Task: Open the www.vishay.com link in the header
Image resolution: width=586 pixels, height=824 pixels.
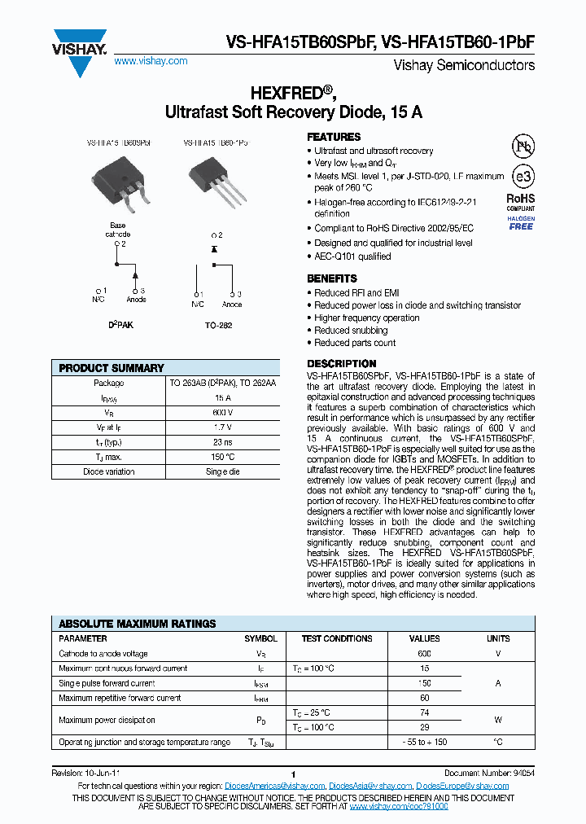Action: pyautogui.click(x=151, y=61)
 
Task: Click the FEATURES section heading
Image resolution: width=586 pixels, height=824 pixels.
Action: pyautogui.click(x=334, y=137)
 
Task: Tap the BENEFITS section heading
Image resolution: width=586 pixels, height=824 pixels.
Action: pyautogui.click(x=331, y=278)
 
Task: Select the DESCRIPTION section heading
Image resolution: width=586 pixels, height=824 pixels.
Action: pyautogui.click(x=341, y=363)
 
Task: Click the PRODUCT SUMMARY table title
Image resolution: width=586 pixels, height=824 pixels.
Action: pyautogui.click(x=112, y=368)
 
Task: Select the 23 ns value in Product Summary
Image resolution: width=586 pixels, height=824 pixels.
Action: pyautogui.click(x=223, y=441)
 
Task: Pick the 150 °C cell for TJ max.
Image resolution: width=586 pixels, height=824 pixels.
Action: pyautogui.click(x=223, y=457)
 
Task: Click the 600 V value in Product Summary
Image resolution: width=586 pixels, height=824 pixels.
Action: pyautogui.click(x=223, y=412)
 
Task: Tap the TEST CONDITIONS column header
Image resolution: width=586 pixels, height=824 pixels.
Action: pyautogui.click(x=336, y=639)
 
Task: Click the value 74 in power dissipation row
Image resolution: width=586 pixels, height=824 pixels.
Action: pyautogui.click(x=424, y=712)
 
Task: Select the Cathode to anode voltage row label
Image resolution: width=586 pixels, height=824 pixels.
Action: pyautogui.click(x=103, y=654)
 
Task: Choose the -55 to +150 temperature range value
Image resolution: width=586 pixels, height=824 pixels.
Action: pyautogui.click(x=424, y=742)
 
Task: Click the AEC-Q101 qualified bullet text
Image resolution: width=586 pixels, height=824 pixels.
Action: pyautogui.click(x=352, y=256)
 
